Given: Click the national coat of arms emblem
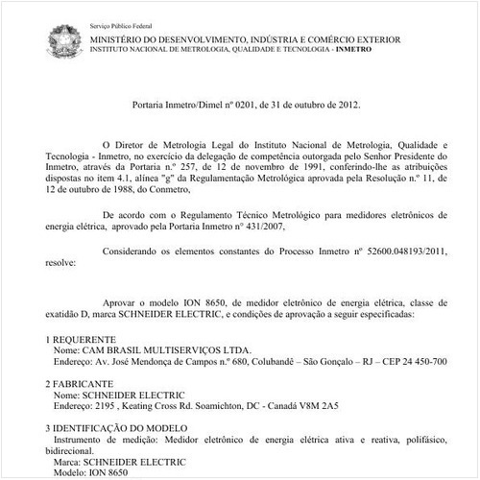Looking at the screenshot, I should pyautogui.click(x=64, y=40).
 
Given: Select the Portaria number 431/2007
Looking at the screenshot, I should pyautogui.click(x=259, y=228).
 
